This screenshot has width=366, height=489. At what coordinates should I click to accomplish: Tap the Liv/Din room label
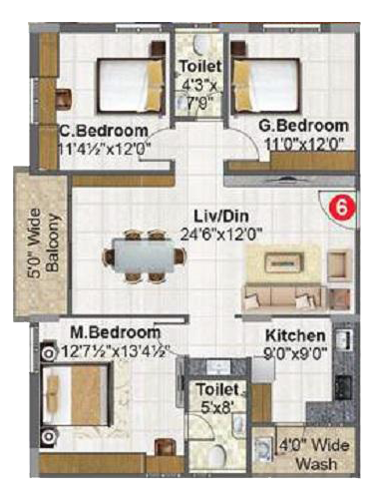(221, 217)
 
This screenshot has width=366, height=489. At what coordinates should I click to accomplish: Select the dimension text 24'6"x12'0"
(221, 235)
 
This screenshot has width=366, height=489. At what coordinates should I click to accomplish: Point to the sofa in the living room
(283, 297)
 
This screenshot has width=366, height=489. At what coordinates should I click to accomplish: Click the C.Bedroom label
(104, 130)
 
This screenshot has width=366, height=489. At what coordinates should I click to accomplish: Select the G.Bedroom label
(303, 126)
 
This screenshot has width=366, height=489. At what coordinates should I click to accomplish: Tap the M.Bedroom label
(116, 332)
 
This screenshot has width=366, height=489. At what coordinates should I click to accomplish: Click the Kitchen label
(295, 335)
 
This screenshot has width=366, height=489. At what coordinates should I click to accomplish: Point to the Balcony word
(53, 243)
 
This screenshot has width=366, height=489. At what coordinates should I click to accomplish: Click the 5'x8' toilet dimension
(217, 406)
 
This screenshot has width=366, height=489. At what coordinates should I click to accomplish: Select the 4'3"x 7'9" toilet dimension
(199, 94)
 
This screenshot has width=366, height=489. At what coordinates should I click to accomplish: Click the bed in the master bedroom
(76, 395)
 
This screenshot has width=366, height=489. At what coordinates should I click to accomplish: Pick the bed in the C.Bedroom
(131, 85)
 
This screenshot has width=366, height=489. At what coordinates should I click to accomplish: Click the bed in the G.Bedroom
(267, 85)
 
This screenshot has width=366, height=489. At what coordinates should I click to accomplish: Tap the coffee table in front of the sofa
(284, 262)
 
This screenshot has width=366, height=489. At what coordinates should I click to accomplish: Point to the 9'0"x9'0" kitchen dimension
(295, 353)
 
